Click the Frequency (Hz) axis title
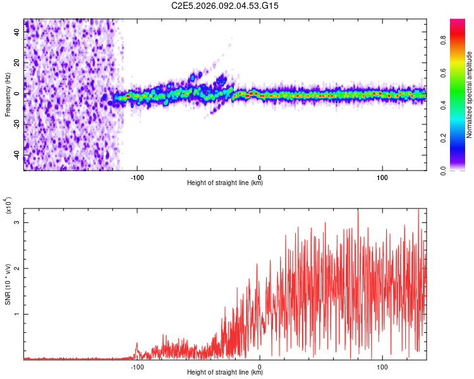[8, 94]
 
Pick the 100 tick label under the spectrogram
[382, 176]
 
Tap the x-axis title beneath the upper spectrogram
[225, 183]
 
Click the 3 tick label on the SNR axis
[17, 223]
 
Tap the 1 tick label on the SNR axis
[17, 314]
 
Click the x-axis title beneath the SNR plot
[225, 373]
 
